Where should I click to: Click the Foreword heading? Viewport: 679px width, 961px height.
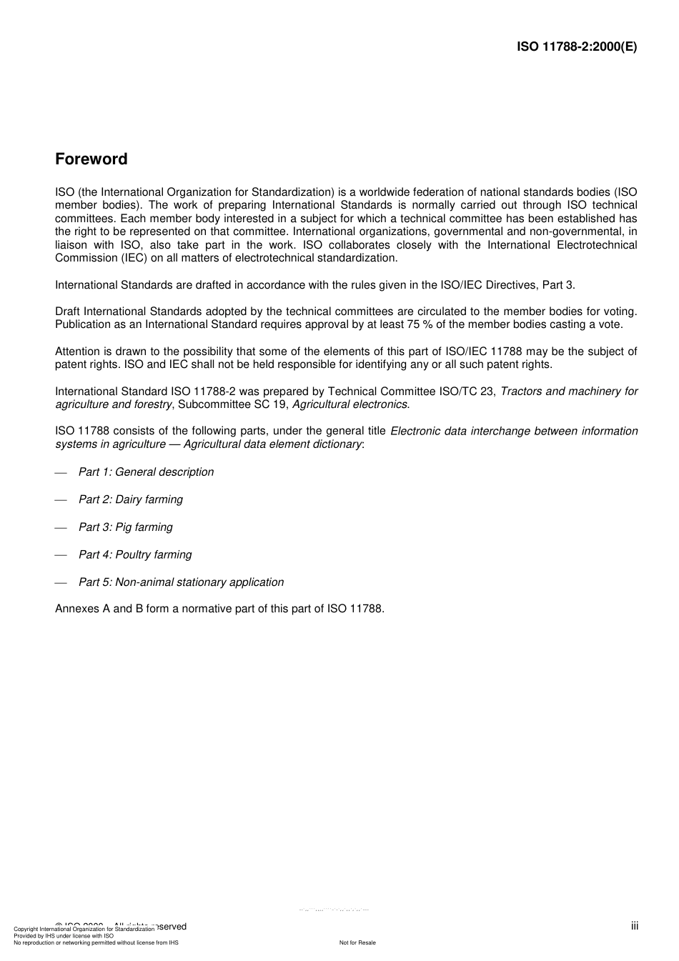[91, 159]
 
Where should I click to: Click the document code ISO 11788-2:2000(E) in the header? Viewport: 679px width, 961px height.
[577, 47]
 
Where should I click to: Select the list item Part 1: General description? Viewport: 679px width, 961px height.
[146, 472]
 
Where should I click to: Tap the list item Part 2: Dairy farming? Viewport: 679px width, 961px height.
[130, 499]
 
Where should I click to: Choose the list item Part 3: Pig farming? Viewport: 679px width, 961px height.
[125, 527]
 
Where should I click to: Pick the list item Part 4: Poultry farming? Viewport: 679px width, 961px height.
[135, 554]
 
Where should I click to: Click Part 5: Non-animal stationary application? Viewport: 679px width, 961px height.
[181, 582]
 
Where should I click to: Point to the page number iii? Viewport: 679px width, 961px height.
[634, 926]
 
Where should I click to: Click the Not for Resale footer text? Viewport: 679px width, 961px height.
[357, 942]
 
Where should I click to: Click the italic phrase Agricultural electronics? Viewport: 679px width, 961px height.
[351, 404]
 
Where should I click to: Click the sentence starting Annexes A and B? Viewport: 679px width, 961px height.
[219, 609]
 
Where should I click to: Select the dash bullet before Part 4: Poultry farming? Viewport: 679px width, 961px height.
[61, 555]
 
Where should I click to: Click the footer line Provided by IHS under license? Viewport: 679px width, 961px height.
[64, 935]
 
